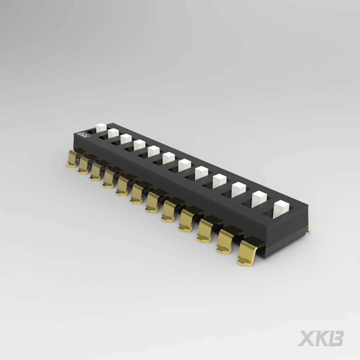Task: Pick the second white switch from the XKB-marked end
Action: (x=113, y=133)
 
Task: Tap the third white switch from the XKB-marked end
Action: (x=126, y=139)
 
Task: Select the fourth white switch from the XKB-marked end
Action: (x=139, y=145)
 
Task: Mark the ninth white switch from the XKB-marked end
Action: (x=220, y=181)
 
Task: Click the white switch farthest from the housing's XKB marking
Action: (x=281, y=209)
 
